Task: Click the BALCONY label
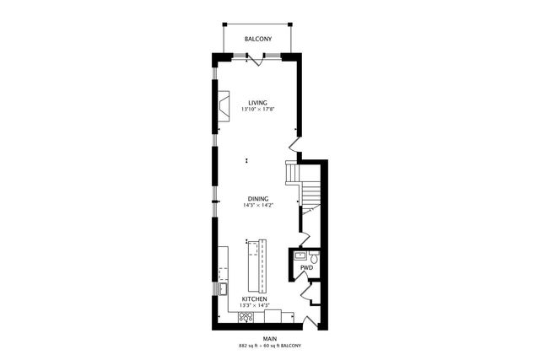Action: (257, 40)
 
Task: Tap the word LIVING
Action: (257, 103)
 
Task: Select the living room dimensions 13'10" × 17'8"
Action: (257, 110)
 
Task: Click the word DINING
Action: (257, 199)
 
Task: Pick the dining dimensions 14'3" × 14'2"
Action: (257, 206)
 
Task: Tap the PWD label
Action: (306, 268)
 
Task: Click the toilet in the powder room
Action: (313, 255)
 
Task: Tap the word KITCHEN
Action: (255, 299)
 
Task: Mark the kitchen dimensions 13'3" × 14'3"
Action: (255, 306)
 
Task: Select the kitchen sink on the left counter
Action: (224, 289)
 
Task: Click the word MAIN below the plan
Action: (270, 340)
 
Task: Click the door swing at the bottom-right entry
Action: (310, 321)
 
